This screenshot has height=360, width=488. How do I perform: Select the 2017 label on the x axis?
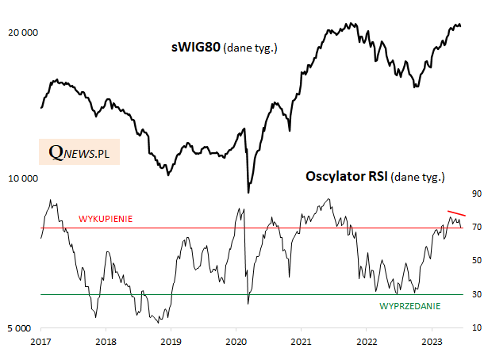point(41,342)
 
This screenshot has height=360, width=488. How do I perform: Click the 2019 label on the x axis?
point(171,342)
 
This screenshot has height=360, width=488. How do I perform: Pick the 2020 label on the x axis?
point(236,342)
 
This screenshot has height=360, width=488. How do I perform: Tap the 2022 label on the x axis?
point(366,342)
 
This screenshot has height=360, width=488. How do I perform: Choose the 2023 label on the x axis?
point(431,342)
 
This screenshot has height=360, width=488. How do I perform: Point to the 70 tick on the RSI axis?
point(477,228)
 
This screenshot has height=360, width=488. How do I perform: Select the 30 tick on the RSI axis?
point(477,294)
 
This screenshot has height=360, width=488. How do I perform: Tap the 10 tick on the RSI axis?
point(477,327)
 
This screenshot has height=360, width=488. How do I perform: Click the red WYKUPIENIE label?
point(105,218)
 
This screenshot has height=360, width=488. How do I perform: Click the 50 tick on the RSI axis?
point(477,261)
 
